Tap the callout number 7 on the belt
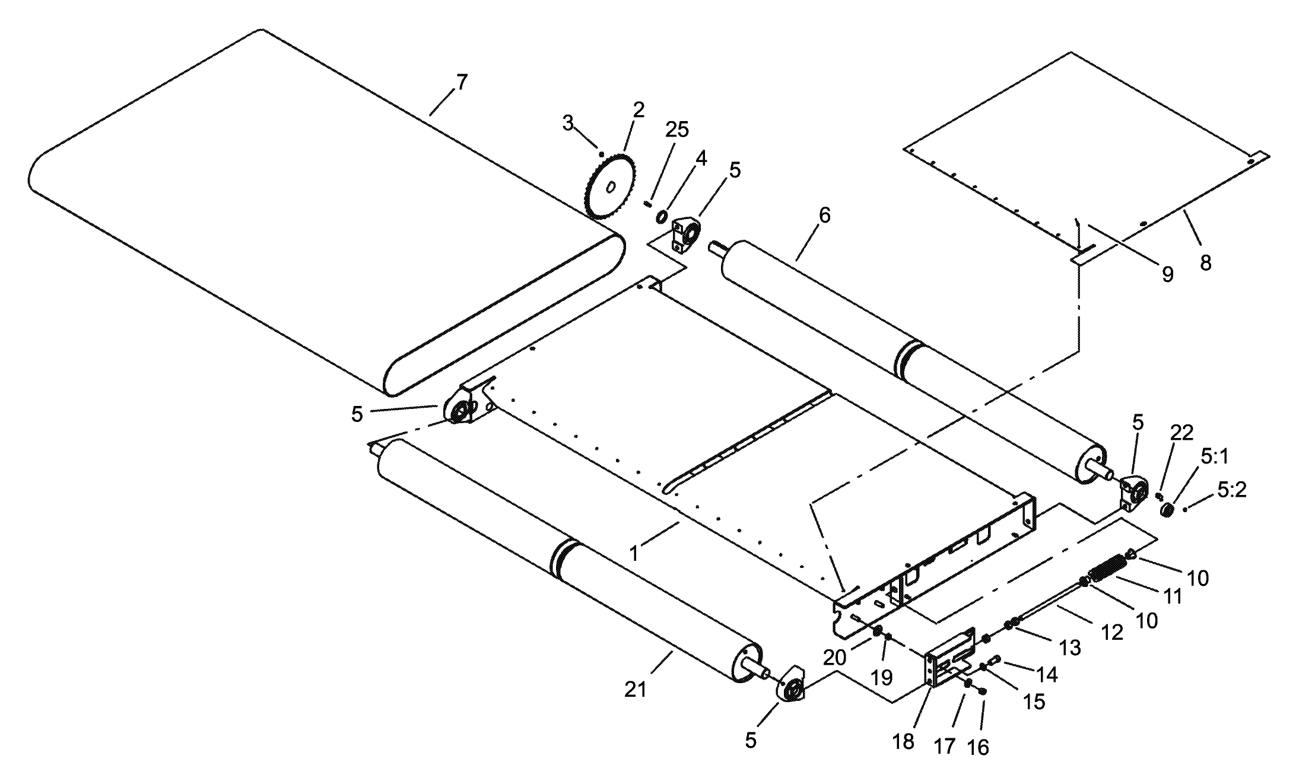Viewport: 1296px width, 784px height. (461, 82)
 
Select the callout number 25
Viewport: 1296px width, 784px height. (677, 129)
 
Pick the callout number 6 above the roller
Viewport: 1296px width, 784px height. (824, 215)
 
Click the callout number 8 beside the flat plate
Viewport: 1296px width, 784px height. (1205, 263)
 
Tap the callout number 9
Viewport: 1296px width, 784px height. (1167, 274)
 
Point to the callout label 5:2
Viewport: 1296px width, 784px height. (1231, 490)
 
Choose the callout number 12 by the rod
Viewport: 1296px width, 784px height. (1113, 633)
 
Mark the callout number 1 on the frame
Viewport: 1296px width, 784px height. (634, 554)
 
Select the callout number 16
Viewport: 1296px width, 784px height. (978, 747)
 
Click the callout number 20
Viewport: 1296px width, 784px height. (835, 657)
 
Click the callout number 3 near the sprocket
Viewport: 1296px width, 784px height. (568, 123)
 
